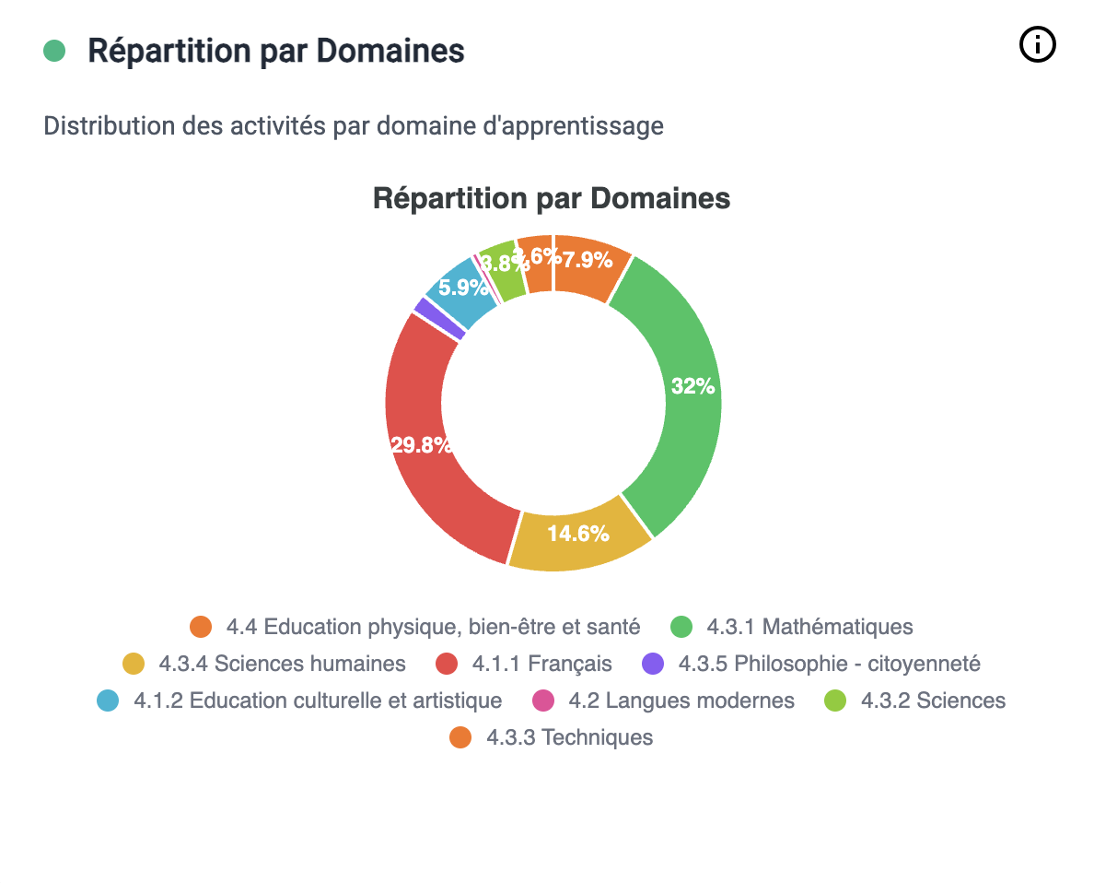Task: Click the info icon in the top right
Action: [x=1037, y=44]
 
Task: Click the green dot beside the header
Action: [x=54, y=51]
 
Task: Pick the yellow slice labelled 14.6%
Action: [x=577, y=534]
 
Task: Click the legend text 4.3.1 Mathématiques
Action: [x=809, y=627]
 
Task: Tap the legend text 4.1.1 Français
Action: [x=541, y=664]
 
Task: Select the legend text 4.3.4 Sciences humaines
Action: [x=282, y=664]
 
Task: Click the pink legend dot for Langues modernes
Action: [x=543, y=701]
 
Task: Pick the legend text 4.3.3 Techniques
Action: [x=569, y=737]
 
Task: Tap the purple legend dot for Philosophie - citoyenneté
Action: [x=653, y=664]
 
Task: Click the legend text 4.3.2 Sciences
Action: [x=933, y=701]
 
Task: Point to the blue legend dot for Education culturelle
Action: [x=109, y=701]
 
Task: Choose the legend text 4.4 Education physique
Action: [x=433, y=627]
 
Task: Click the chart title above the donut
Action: [x=552, y=198]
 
